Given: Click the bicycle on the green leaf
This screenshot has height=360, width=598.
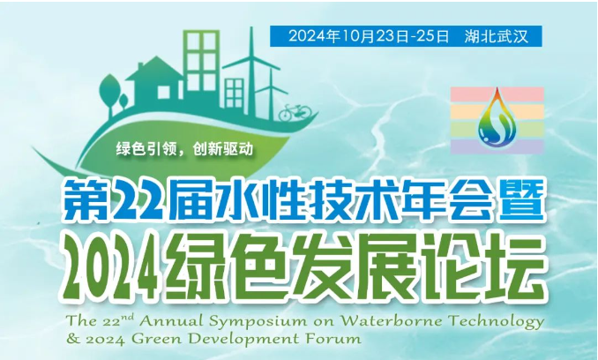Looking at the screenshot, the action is [295, 113].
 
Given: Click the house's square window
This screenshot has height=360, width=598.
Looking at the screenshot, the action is [164, 91].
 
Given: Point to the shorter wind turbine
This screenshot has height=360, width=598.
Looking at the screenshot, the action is [271, 92].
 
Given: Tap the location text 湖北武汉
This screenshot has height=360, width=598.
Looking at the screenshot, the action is [497, 36].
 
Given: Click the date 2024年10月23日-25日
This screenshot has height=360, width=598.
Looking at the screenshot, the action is [369, 36].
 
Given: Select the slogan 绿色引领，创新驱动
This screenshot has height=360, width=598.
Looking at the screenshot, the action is [184, 149].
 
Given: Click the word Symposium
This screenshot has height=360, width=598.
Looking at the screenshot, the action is [259, 322].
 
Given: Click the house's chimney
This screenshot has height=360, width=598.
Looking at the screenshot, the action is [141, 66].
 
